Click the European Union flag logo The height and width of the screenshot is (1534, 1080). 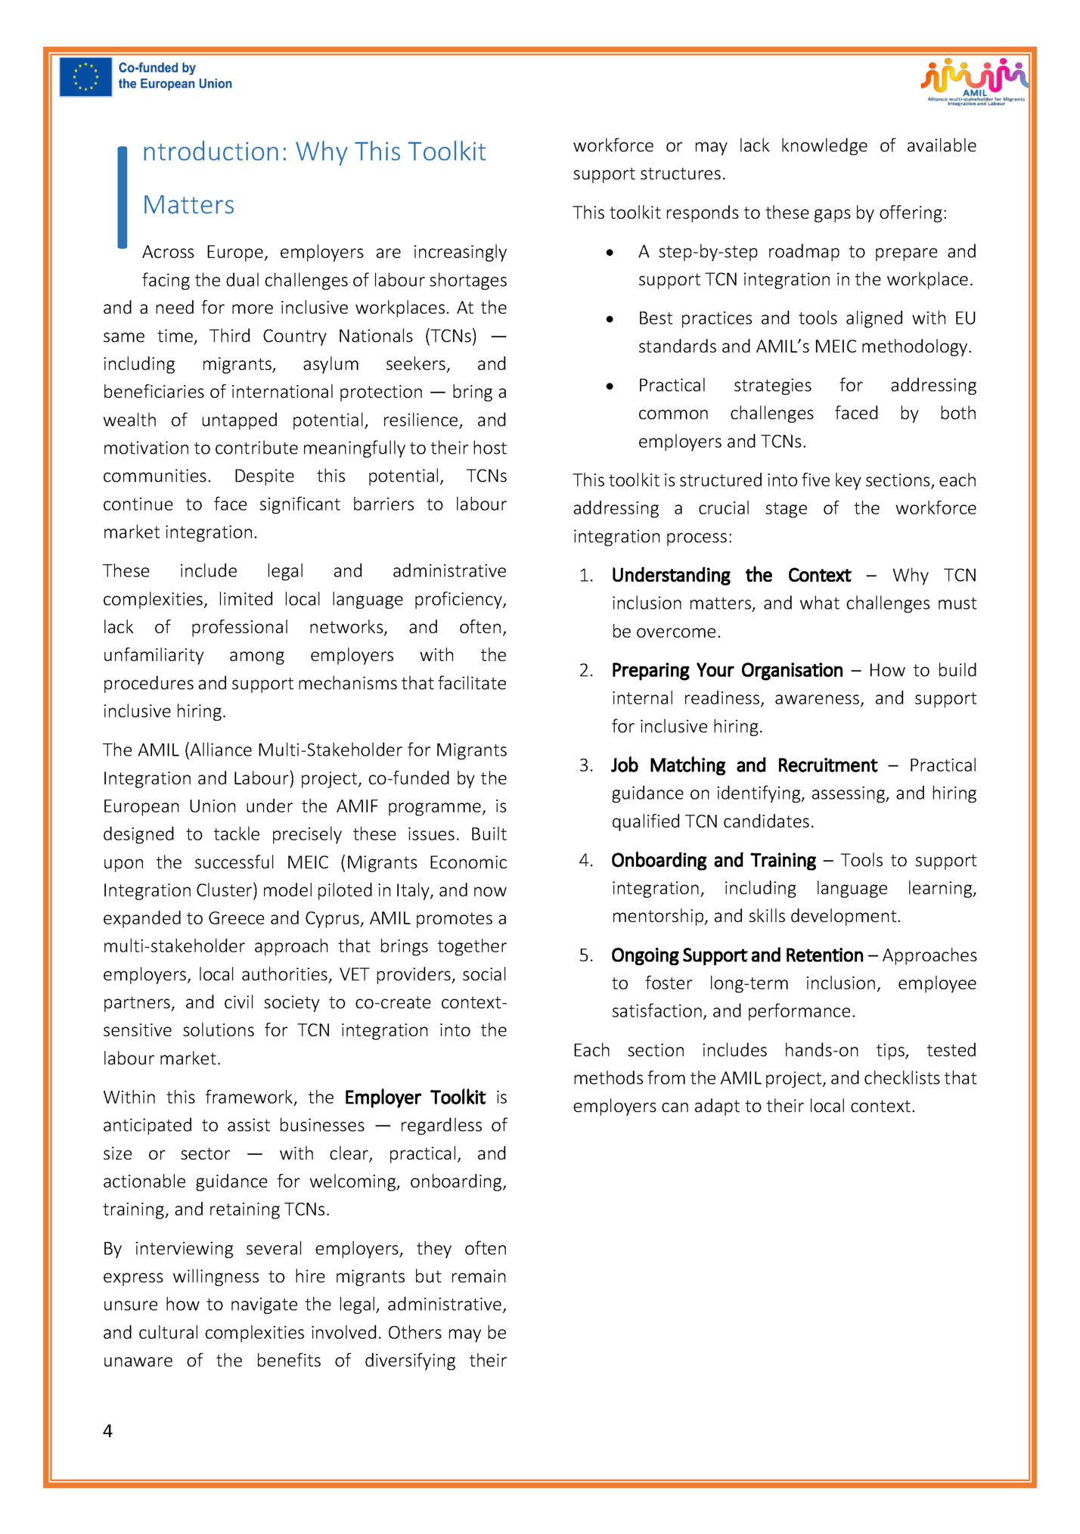[x=85, y=77]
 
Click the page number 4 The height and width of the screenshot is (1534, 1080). [x=107, y=1430]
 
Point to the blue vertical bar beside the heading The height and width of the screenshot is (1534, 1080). [x=123, y=197]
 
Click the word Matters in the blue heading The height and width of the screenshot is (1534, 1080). [x=188, y=205]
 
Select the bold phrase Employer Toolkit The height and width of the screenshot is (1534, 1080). [x=414, y=1098]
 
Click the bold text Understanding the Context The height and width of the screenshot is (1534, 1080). [x=731, y=576]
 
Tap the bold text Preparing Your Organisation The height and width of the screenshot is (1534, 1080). [x=727, y=671]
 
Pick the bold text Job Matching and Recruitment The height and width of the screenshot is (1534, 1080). [x=744, y=765]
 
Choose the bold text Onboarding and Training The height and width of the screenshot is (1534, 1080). [x=713, y=861]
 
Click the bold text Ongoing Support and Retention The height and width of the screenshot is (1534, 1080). [x=737, y=955]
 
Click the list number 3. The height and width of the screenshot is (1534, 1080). [x=586, y=765]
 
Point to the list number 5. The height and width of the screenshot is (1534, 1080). [x=586, y=955]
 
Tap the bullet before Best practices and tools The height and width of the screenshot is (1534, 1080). [x=610, y=319]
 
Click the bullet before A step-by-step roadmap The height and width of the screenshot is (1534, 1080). [x=610, y=253]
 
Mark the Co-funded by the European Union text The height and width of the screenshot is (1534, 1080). [x=175, y=76]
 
